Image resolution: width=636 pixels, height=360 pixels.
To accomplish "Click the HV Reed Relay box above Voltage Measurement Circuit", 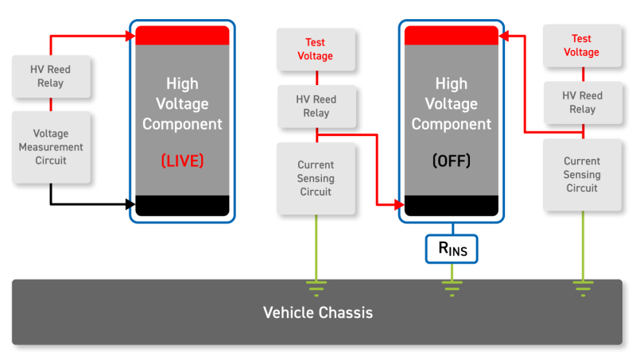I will [x=51, y=76].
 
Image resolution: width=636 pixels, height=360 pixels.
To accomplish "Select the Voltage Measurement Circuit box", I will [x=51, y=147].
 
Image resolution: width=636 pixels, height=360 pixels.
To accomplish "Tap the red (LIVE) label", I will [x=182, y=161].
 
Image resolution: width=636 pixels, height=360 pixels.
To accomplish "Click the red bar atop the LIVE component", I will [x=182, y=35].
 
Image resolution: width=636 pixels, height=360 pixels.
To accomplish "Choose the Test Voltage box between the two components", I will [x=315, y=49].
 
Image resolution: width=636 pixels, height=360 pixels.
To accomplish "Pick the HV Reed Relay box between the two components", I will [x=315, y=106].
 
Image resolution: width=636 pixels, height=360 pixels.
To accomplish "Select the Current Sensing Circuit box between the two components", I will [x=315, y=178].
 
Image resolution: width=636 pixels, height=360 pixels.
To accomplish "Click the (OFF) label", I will [x=452, y=161].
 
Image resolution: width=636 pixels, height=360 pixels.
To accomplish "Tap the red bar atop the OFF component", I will [x=452, y=35].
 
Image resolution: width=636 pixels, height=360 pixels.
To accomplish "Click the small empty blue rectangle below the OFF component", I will [x=452, y=249].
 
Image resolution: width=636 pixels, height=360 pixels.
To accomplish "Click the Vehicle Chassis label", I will [x=317, y=312].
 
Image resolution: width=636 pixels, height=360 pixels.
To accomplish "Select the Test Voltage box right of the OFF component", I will [x=581, y=45].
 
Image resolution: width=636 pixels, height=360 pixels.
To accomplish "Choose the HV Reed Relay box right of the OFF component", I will [x=581, y=103].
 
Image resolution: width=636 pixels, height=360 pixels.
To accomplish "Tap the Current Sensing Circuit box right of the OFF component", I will [x=581, y=174].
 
